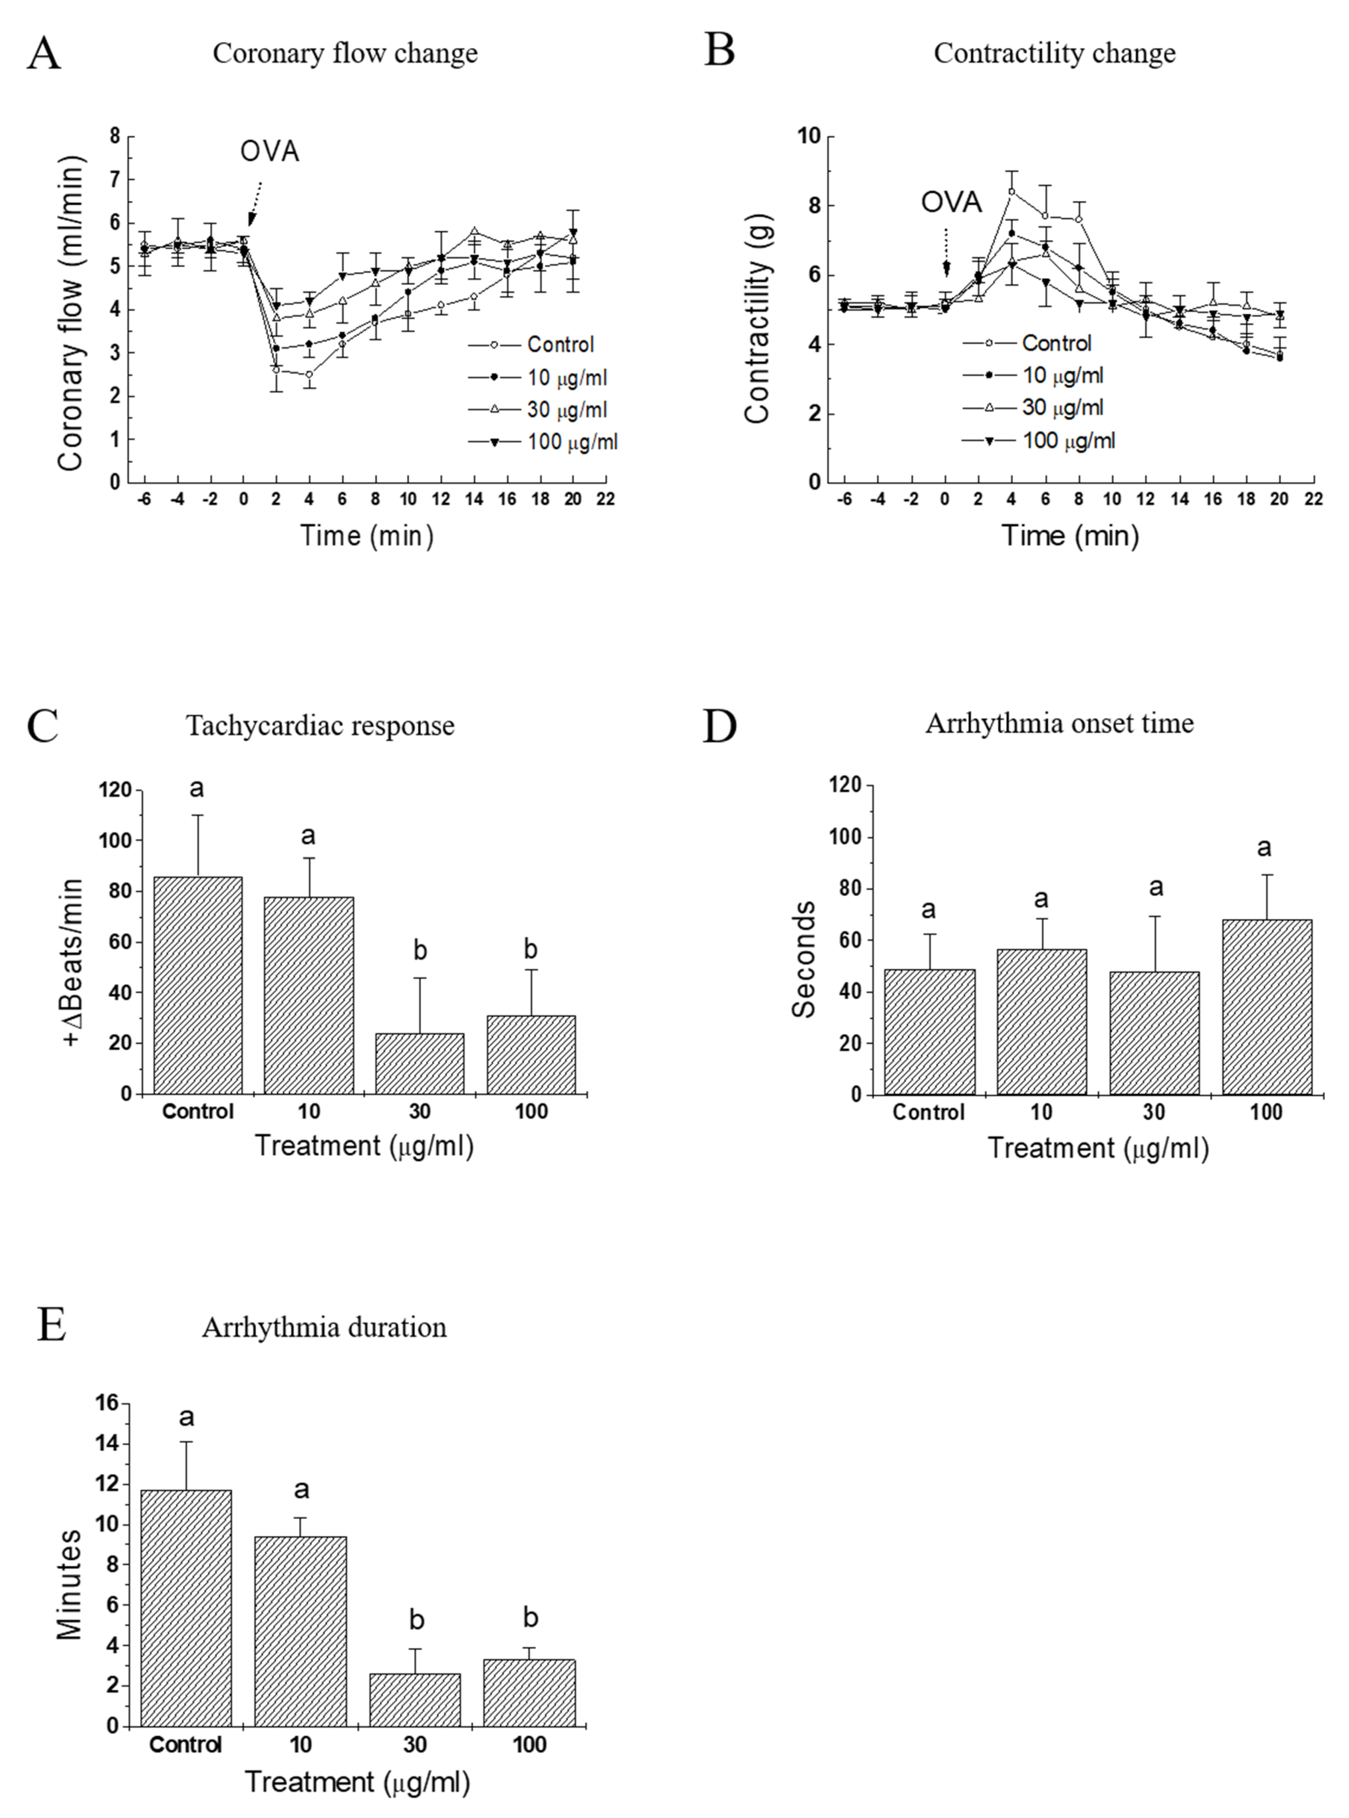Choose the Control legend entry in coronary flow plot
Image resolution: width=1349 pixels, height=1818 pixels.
(x=560, y=345)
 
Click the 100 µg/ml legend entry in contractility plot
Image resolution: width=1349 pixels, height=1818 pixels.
(x=1068, y=441)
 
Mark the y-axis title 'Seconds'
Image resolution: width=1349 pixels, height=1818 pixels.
(x=804, y=960)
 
